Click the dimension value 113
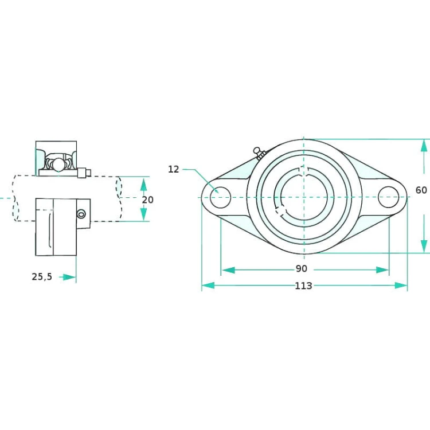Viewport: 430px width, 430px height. [303, 286]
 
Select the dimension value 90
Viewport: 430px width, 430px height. [302, 269]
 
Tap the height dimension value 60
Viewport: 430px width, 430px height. [421, 190]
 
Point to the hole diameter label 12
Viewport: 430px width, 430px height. [173, 169]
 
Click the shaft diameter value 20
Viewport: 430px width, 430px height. [147, 200]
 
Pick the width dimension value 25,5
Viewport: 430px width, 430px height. [42, 277]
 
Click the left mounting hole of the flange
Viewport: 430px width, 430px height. [221, 197]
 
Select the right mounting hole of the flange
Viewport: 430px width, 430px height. [388, 197]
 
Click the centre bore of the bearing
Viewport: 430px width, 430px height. [304, 197]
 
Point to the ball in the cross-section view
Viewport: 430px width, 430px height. [58, 165]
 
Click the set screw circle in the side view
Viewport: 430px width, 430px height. [81, 214]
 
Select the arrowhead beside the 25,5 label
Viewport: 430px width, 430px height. [69, 277]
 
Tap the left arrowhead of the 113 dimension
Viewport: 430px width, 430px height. [208, 286]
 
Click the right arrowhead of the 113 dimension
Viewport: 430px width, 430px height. [401, 286]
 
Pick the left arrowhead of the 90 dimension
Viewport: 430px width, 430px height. [228, 270]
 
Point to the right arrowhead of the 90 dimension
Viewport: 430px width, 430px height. [382, 270]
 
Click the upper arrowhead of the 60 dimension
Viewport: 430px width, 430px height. [424, 145]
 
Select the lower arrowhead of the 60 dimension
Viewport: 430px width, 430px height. [424, 246]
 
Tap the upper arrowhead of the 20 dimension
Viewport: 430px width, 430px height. [143, 184]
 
